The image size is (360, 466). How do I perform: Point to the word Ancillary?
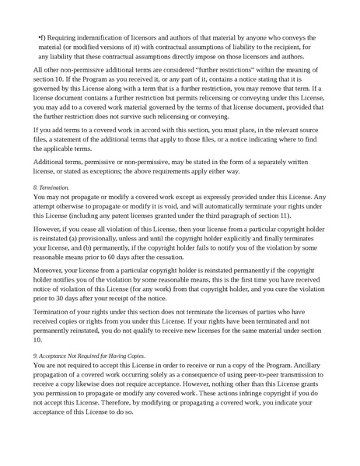click(308, 387)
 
